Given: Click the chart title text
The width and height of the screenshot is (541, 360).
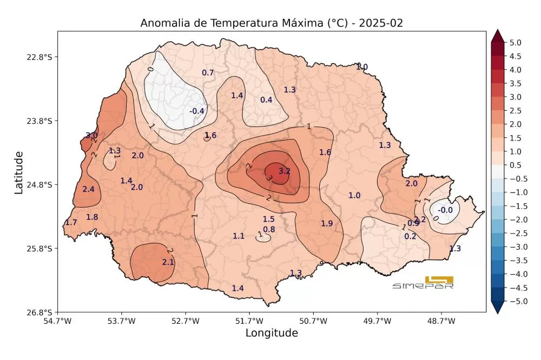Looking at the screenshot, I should point(272,23).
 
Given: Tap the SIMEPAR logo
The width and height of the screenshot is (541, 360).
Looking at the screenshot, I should point(423,283).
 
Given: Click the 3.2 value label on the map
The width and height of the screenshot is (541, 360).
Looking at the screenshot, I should point(285,171).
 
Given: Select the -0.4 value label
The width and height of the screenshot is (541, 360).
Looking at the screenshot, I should point(196,111).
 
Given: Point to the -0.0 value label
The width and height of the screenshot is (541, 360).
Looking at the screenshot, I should point(445,210).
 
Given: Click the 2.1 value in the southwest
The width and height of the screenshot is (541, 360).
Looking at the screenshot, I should point(168,262).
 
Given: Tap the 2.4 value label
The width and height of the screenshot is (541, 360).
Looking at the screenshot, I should point(88,189).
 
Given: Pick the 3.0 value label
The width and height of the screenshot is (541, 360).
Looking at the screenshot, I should point(91,136).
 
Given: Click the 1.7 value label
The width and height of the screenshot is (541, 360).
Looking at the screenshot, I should point(71,223).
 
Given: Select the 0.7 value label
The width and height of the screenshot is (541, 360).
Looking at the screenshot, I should point(208,73).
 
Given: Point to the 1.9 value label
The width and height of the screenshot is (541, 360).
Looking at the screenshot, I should point(327,223).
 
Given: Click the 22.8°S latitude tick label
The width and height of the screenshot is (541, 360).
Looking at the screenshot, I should point(42,57).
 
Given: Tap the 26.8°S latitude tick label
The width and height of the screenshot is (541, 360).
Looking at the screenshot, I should point(42,312).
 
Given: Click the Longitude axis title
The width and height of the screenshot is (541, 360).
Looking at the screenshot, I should point(272,333).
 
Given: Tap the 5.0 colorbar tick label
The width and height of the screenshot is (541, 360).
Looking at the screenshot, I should point(515,42).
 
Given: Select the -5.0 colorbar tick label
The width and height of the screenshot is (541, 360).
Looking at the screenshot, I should point(514,302).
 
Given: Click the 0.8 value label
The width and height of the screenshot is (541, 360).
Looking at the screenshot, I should point(269,229).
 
